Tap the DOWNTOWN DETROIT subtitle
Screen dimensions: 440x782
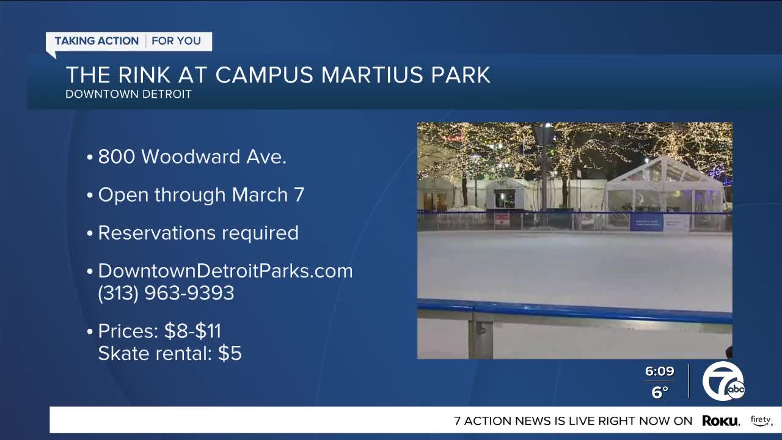point(128,94)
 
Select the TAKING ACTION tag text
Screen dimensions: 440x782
point(97,41)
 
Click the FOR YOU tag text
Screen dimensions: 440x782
point(176,41)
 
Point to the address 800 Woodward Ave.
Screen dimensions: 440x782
point(192,157)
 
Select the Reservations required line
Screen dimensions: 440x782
point(198,233)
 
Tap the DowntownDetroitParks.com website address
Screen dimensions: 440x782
point(225,271)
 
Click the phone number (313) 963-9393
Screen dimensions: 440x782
point(166,293)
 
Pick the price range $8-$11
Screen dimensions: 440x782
point(192,331)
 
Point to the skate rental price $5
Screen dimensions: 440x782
point(230,353)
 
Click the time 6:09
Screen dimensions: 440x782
point(659,372)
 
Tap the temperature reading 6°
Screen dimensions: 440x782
point(659,392)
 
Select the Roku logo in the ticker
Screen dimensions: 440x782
point(721,420)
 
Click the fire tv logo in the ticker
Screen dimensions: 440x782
point(761,420)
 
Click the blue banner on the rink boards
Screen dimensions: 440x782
point(646,222)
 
